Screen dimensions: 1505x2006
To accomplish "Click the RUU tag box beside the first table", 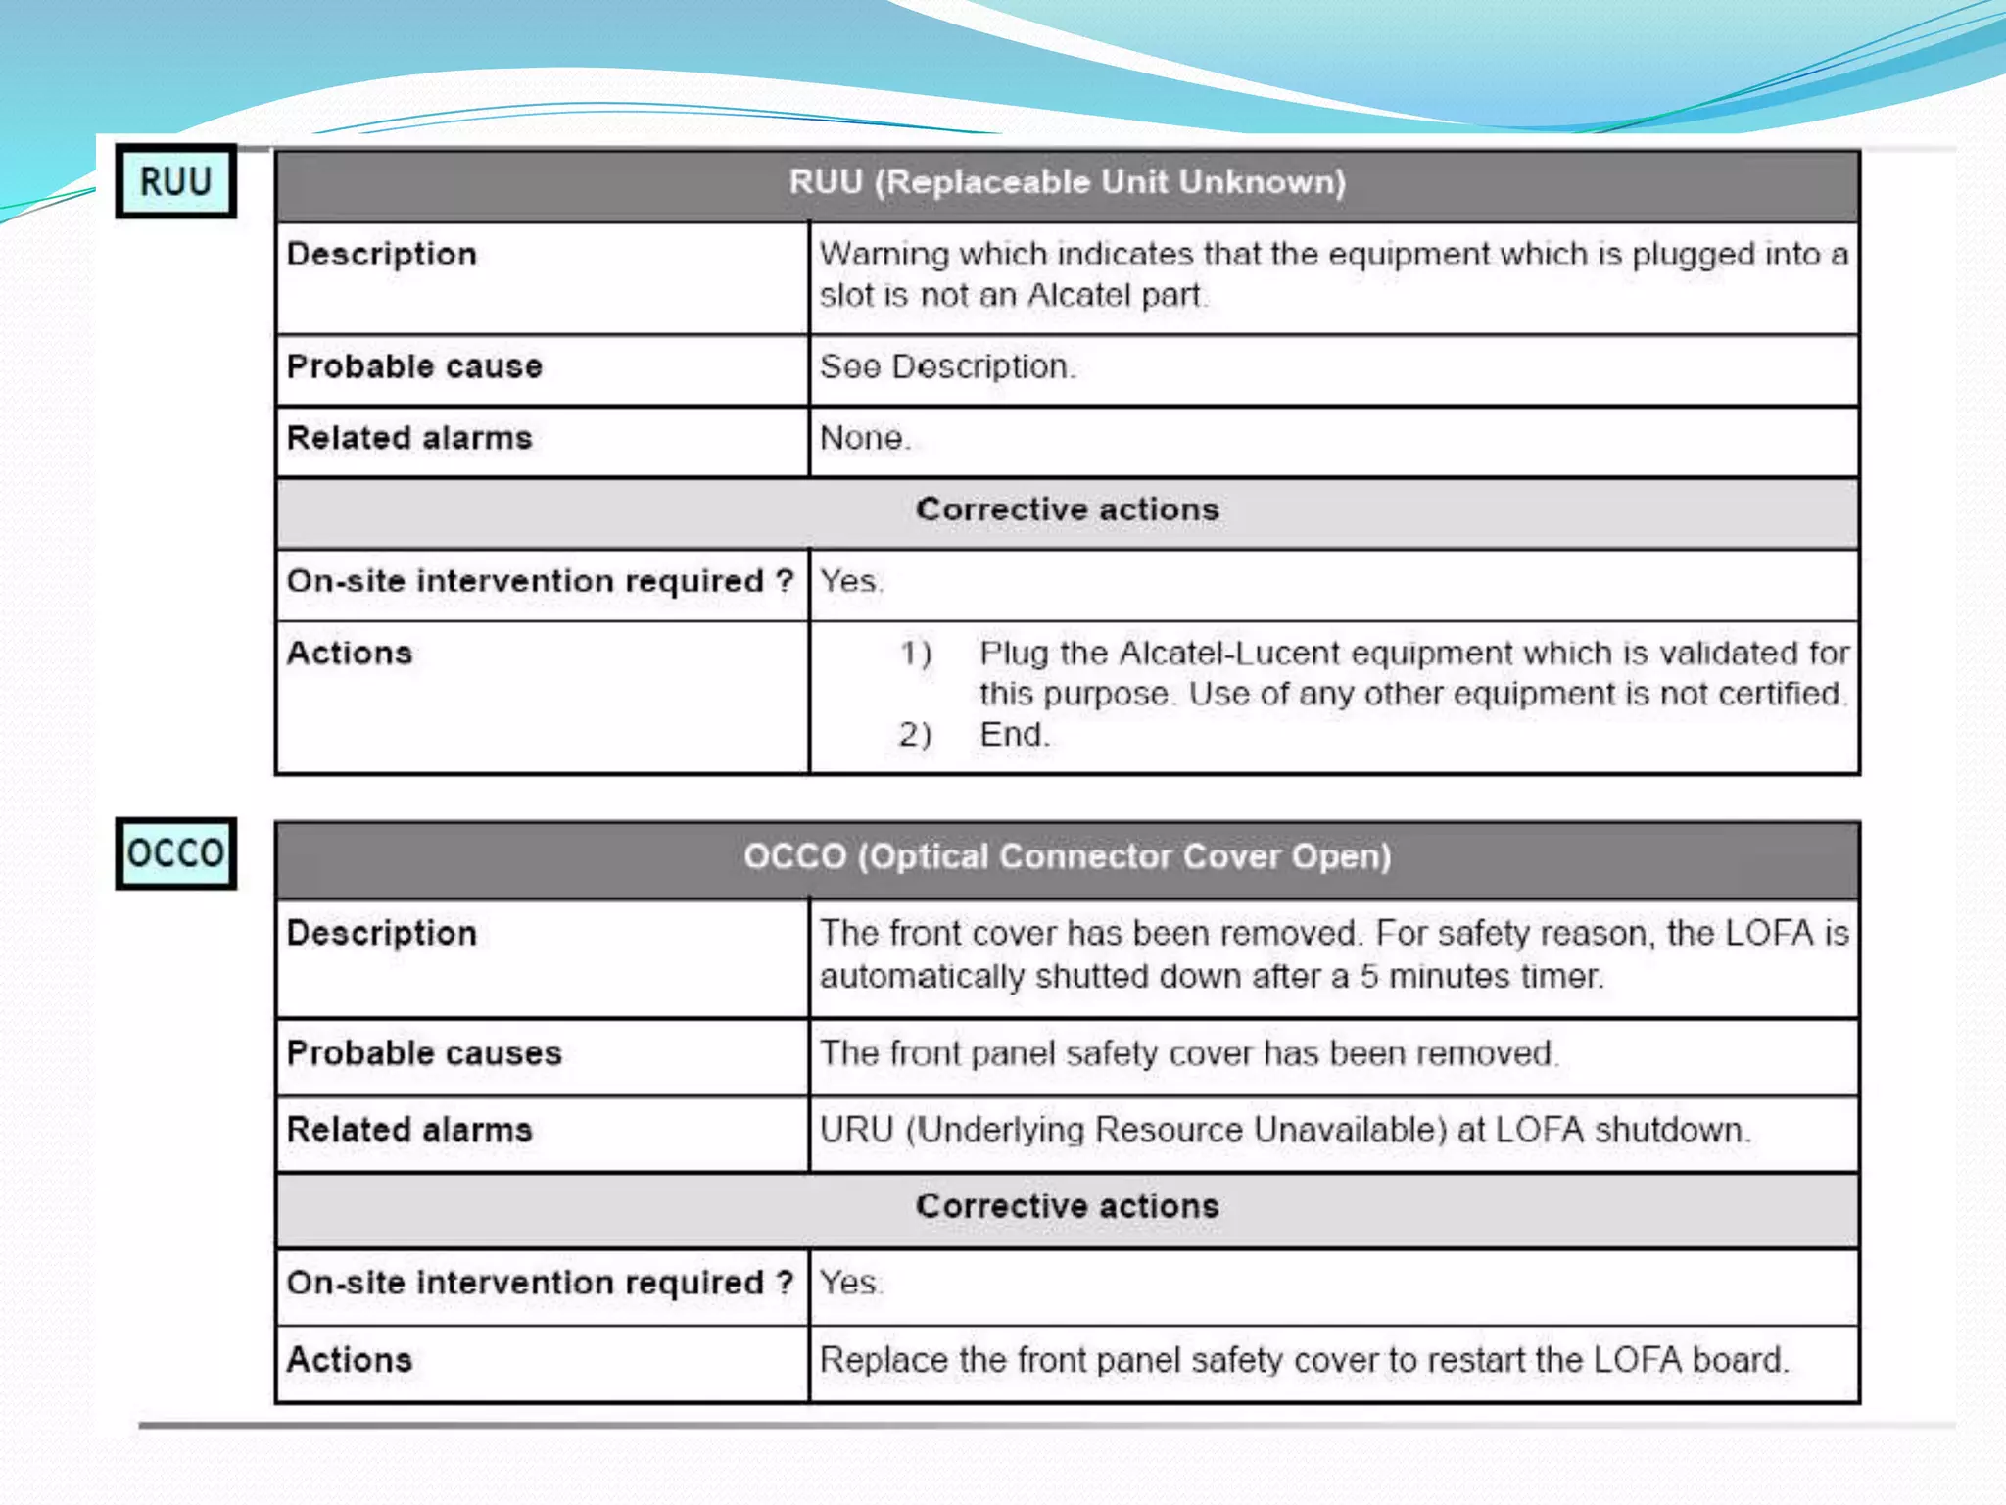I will coord(176,182).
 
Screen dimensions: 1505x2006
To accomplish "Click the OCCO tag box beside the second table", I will coord(176,853).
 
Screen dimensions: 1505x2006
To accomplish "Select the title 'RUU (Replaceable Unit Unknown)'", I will coord(1067,182).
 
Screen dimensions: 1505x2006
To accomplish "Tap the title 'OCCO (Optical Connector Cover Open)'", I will coord(1067,856).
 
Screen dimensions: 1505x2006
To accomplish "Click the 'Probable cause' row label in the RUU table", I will coord(414,366).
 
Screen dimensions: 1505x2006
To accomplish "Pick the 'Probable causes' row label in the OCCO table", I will coord(424,1053).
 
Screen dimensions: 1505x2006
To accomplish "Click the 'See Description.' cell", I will coord(947,366).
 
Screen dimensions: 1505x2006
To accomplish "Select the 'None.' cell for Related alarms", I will coord(865,438).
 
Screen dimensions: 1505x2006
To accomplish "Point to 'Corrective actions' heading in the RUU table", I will coord(1067,510).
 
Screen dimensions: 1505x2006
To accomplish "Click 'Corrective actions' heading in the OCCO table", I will coord(1067,1206).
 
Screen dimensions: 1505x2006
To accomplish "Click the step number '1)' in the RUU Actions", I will coord(916,653).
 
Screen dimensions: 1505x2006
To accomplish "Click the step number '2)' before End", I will coord(916,734).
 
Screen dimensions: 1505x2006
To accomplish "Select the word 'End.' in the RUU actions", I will coord(1015,734).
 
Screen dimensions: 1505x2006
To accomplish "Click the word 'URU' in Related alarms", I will coord(857,1130).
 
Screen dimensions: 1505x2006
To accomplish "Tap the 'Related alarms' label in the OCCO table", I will coord(409,1130).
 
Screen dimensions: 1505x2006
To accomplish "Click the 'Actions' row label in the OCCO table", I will coord(350,1360).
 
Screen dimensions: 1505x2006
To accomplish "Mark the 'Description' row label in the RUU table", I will coord(382,254).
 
